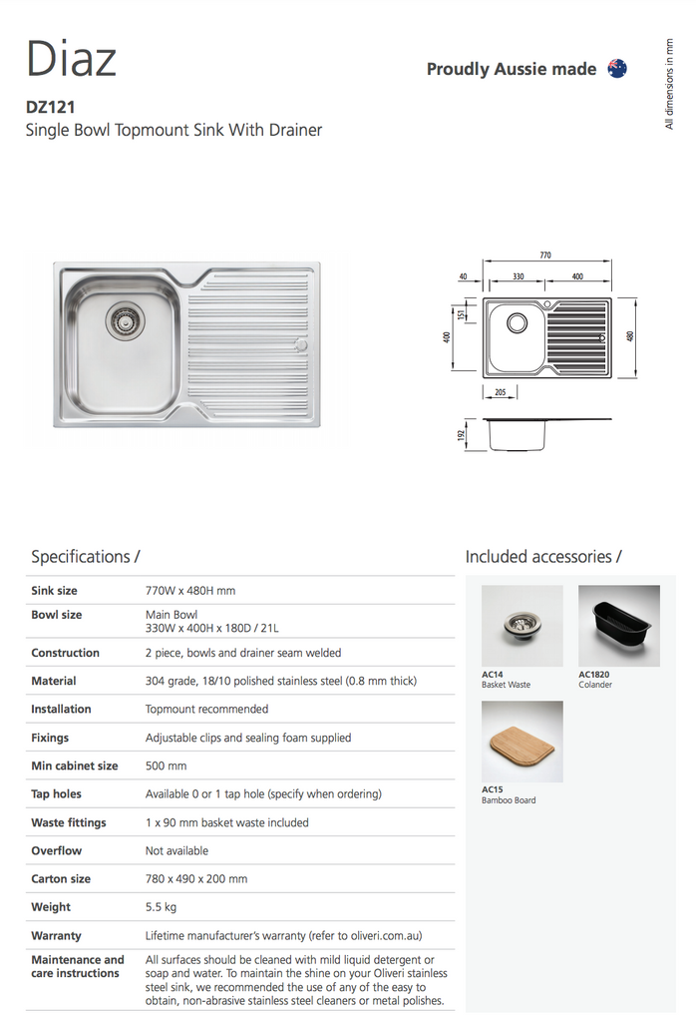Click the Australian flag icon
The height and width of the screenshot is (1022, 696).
coord(617,69)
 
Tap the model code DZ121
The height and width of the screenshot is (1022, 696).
coord(51,106)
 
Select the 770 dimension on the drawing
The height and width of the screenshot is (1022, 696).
coord(545,255)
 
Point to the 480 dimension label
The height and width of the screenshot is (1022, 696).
coord(630,336)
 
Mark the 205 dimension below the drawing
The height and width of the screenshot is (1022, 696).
coord(500,392)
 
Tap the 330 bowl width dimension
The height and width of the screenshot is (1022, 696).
coord(519,275)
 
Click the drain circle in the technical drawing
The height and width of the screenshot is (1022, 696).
coord(517,322)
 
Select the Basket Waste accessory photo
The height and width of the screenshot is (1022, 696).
coord(522,626)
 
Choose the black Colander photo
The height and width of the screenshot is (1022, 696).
coord(618,626)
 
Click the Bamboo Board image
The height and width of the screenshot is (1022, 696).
coord(522,742)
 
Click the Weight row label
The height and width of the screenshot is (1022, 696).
coord(51,907)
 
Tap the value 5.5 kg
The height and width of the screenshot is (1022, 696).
coord(163,907)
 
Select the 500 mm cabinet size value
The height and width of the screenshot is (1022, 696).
coord(166,766)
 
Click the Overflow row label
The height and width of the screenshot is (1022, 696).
coord(56,850)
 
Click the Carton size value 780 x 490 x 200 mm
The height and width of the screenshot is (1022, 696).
coord(196,879)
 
